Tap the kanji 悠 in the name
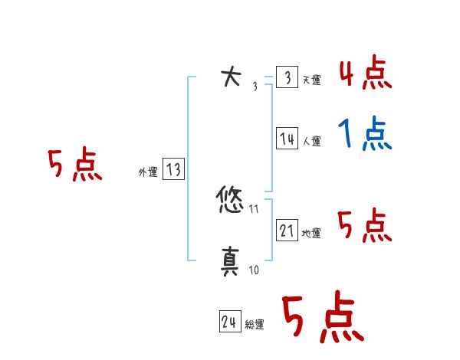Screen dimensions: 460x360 [230, 202]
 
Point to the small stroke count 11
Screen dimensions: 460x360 [254, 208]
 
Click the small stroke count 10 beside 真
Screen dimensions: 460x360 [254, 270]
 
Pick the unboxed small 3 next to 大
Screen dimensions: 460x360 [255, 87]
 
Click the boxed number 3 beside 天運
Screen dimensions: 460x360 [287, 77]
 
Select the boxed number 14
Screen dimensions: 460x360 [287, 139]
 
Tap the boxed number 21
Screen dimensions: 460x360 [287, 231]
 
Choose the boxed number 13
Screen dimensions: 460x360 [173, 170]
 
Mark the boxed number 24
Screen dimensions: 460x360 [229, 322]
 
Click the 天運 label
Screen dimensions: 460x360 [311, 80]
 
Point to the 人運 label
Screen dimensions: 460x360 [311, 142]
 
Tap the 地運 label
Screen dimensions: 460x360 [311, 234]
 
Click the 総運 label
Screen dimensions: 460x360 [254, 326]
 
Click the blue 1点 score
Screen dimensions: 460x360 [365, 136]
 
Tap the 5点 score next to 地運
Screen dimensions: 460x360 [365, 226]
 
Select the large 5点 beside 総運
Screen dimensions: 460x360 [322, 318]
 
